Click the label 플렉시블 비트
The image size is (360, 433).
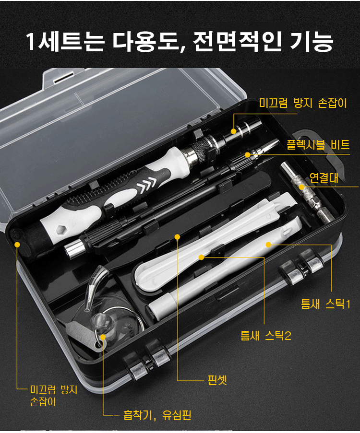click(x=318, y=145)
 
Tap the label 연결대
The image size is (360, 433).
click(x=324, y=177)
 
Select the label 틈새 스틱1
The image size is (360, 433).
click(x=326, y=304)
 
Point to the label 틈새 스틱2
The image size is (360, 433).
click(x=266, y=336)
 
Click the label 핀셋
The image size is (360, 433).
click(x=217, y=380)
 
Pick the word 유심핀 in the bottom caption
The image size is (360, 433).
click(x=177, y=415)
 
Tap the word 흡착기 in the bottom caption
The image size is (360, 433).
click(x=137, y=415)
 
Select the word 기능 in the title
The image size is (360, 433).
click(x=311, y=42)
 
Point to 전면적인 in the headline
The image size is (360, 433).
click(x=237, y=42)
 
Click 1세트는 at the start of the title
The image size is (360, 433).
click(x=65, y=42)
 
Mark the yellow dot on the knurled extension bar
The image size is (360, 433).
click(x=302, y=187)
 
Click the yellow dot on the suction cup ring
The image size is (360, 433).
click(x=103, y=337)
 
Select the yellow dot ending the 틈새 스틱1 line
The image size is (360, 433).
click(x=268, y=245)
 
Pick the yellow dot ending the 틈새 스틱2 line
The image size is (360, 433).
click(x=202, y=257)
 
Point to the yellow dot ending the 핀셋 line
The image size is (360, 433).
click(x=177, y=237)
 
